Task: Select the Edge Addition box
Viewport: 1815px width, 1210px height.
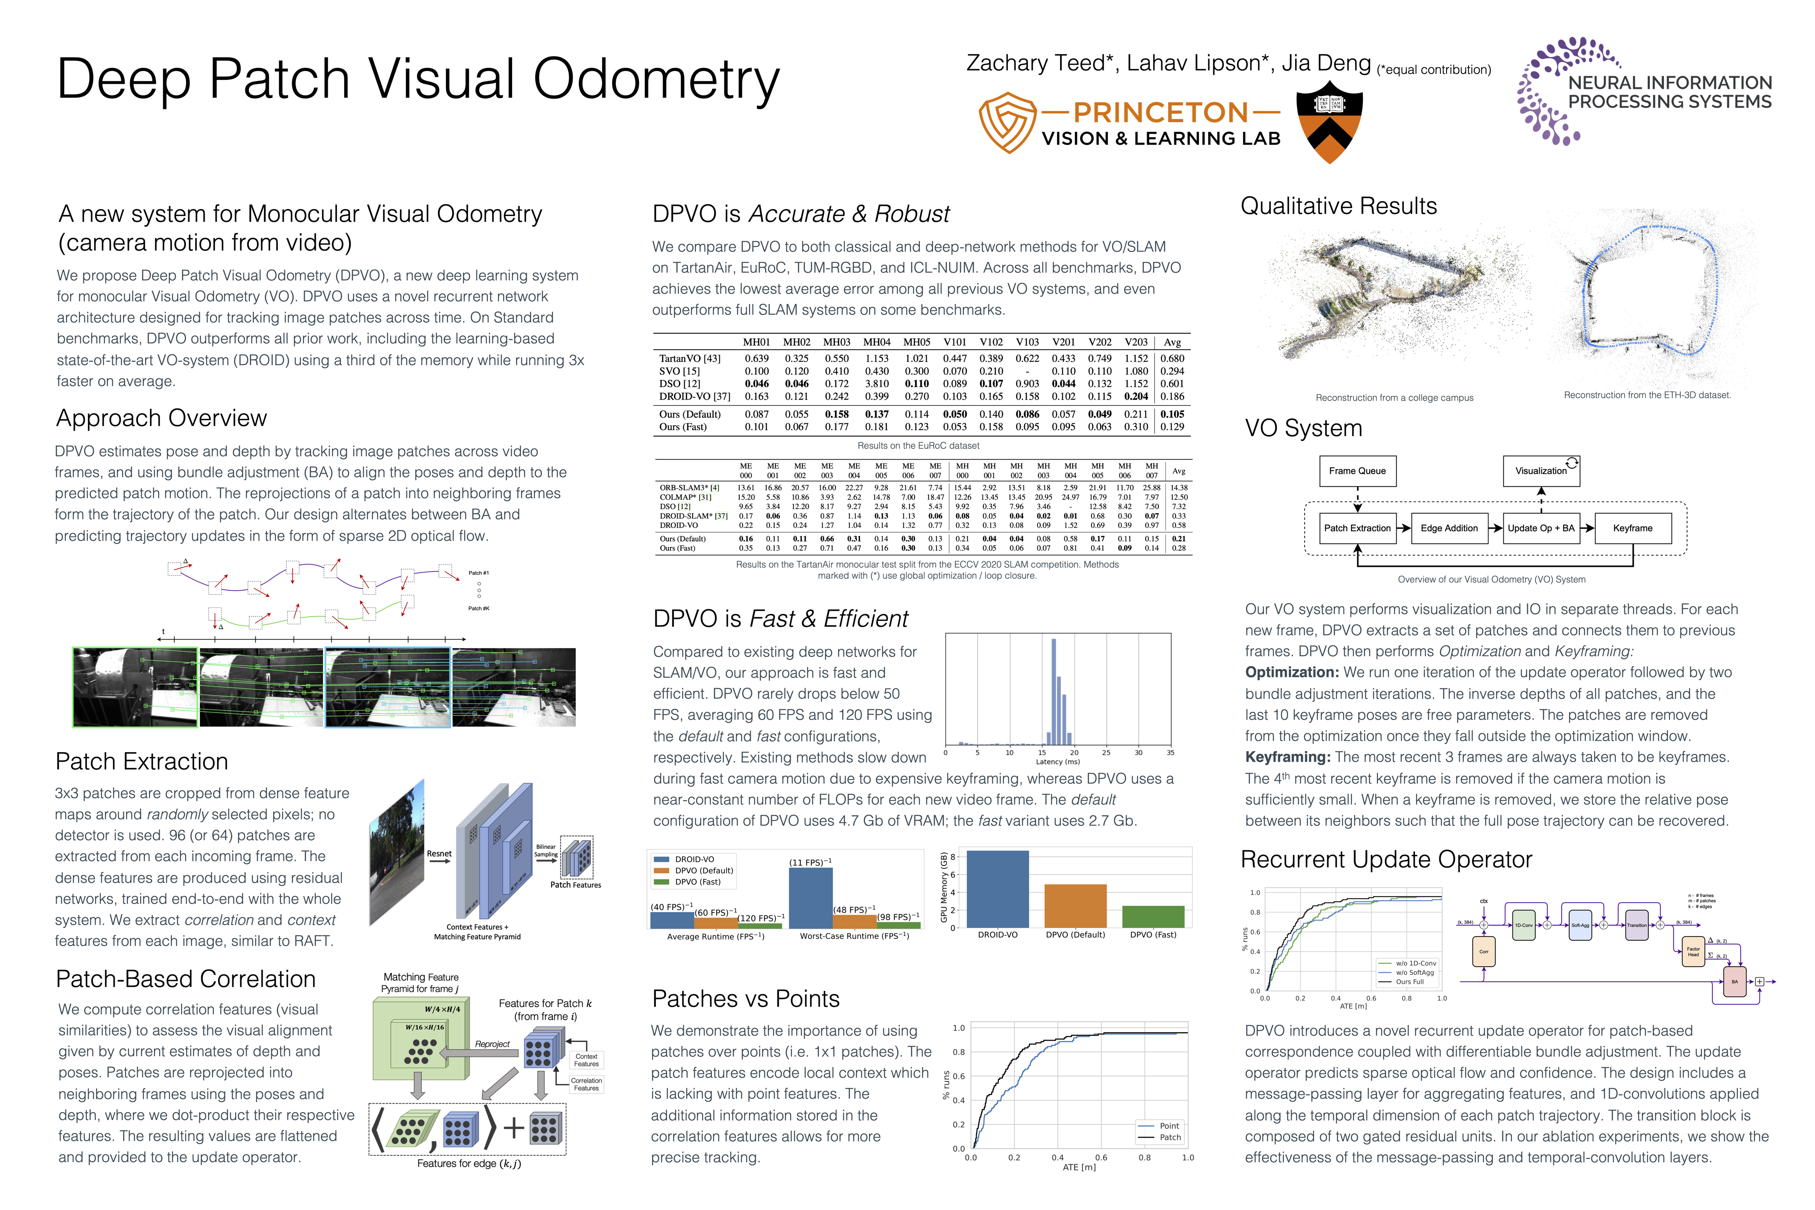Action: point(1449,529)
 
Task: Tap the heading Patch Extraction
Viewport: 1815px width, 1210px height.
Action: point(142,762)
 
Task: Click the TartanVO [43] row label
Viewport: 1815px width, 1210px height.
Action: point(689,358)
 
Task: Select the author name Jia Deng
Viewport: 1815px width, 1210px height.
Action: point(1326,63)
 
